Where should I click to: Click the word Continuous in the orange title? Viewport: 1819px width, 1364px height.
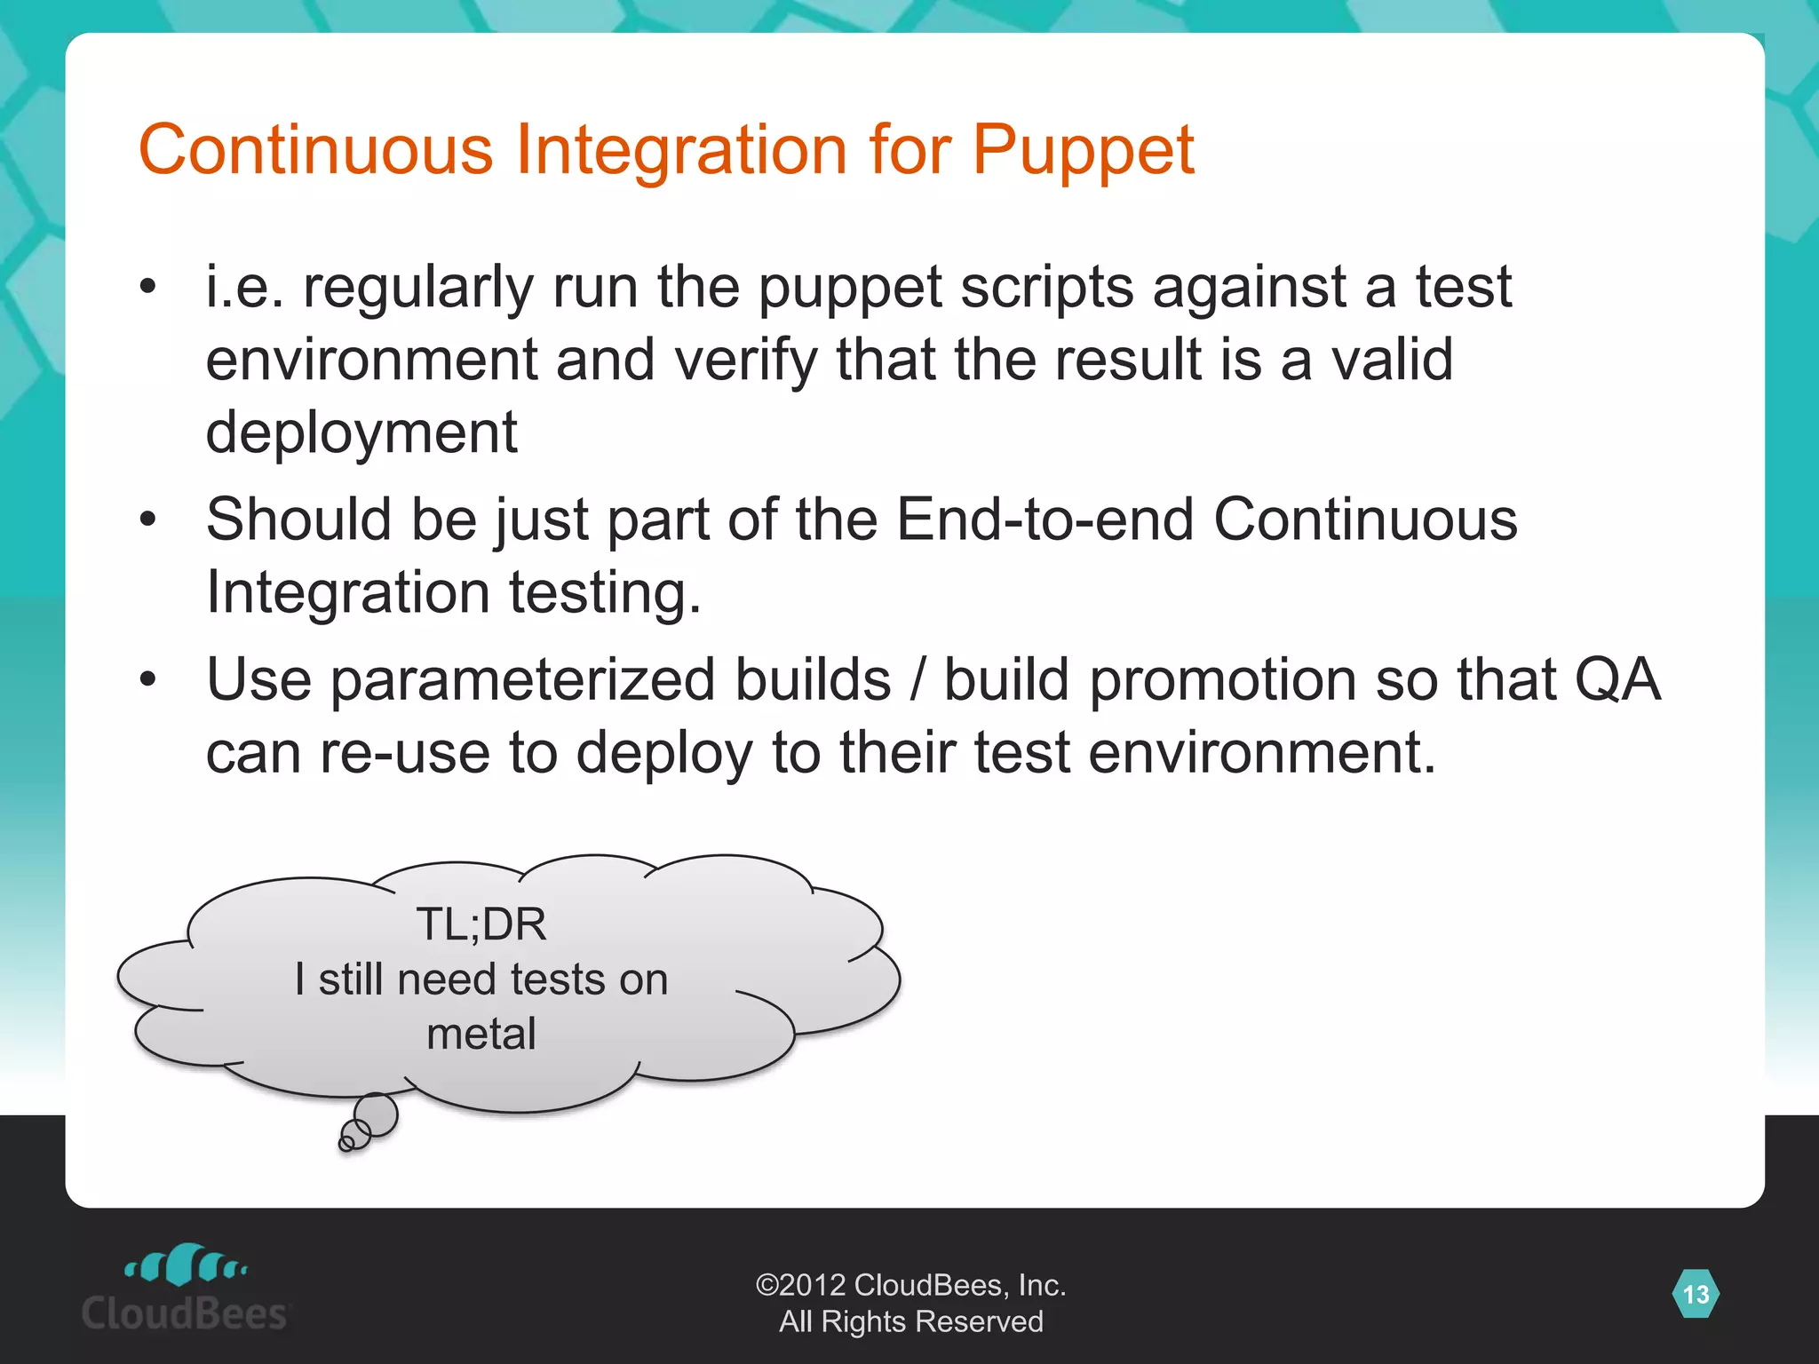tap(315, 149)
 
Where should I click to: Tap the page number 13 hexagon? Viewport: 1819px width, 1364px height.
tap(1696, 1294)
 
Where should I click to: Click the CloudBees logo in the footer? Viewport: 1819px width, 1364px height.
tap(186, 1289)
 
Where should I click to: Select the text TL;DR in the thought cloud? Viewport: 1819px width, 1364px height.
tap(481, 924)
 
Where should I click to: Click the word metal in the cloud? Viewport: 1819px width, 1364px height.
tap(481, 1034)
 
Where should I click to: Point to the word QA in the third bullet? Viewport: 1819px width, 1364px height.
tap(1616, 680)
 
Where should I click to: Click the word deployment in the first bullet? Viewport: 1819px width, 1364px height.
tap(361, 432)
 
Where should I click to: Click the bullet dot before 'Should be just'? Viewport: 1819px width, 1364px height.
tap(148, 519)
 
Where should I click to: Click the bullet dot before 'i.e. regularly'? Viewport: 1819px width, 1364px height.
tap(148, 287)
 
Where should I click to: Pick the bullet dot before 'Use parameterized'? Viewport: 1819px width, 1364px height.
tap(148, 680)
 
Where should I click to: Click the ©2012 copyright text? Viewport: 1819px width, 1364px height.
tap(909, 1285)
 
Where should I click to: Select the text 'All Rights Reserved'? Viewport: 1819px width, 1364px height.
tap(909, 1321)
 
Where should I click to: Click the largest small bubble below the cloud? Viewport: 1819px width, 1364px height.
tap(376, 1114)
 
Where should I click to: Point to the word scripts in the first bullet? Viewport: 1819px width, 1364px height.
tap(1047, 288)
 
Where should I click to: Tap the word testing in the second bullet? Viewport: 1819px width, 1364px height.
tap(604, 592)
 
